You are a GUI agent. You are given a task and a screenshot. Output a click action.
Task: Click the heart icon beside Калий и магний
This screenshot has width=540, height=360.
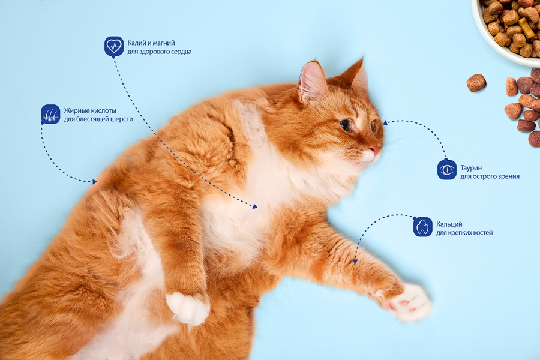(114, 46)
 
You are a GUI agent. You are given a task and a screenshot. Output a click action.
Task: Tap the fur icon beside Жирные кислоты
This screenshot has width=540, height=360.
(50, 115)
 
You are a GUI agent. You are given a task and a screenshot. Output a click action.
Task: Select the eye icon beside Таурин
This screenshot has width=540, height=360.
(447, 169)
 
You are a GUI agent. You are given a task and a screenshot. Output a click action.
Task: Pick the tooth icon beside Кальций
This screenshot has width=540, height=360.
(422, 227)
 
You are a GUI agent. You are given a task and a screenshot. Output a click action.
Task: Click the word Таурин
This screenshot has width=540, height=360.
(471, 168)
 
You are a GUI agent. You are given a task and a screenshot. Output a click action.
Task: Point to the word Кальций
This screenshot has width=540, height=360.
(449, 224)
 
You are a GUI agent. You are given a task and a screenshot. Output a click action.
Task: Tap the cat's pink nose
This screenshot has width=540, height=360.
(376, 149)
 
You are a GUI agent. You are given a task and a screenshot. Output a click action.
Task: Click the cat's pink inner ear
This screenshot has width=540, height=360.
(311, 83)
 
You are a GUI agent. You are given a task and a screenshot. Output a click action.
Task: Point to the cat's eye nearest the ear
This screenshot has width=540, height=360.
(346, 125)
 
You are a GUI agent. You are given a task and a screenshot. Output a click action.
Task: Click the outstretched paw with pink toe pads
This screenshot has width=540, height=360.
(408, 303)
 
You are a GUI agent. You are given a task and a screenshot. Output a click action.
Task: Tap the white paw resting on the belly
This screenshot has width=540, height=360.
(188, 308)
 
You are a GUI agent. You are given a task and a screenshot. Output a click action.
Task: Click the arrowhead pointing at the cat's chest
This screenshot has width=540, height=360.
(255, 206)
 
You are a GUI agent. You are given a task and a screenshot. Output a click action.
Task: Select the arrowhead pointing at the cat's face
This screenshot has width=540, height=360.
(385, 122)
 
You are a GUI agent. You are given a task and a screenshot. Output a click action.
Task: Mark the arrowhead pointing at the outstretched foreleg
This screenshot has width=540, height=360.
(355, 262)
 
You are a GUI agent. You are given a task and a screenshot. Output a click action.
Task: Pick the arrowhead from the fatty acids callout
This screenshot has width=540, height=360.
(94, 182)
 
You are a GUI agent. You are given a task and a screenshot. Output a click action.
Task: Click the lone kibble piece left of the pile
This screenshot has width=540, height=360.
(476, 83)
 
